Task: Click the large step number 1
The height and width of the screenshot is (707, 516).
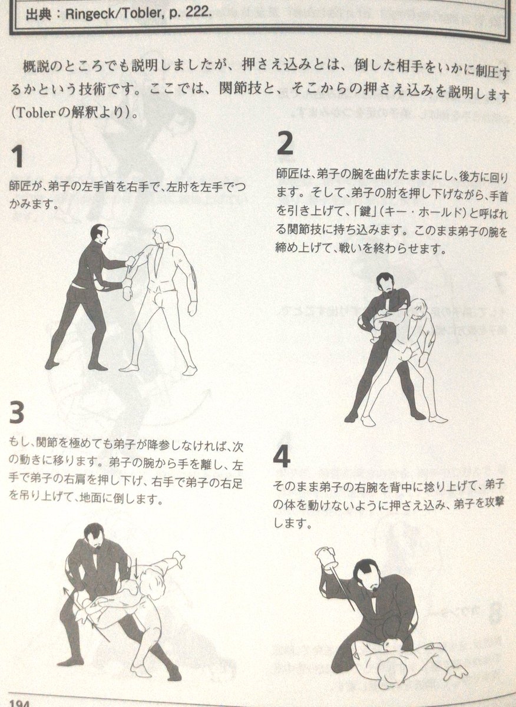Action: (x=17, y=157)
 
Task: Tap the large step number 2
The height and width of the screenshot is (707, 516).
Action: (x=285, y=143)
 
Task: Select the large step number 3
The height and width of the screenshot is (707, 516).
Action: (x=17, y=414)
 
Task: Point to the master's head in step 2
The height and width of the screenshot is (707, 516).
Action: (x=385, y=285)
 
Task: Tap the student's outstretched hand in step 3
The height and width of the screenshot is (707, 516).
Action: (x=176, y=557)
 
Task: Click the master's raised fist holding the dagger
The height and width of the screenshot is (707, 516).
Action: (x=325, y=556)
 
